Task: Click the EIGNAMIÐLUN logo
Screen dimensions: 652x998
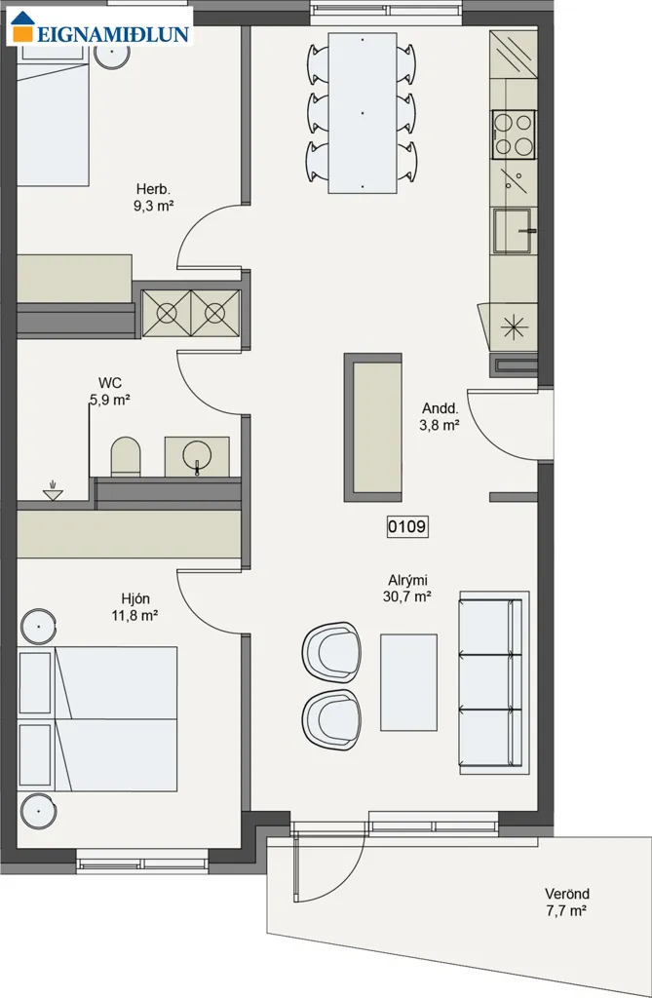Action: click(x=100, y=26)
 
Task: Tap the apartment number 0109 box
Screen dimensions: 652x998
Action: click(x=407, y=526)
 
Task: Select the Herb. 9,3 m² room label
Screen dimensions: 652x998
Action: click(x=153, y=197)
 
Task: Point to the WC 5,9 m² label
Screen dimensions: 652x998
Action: click(x=110, y=392)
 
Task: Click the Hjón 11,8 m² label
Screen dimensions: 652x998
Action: click(x=135, y=607)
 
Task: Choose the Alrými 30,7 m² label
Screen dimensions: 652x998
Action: click(x=407, y=589)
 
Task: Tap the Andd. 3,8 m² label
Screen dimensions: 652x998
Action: click(x=440, y=417)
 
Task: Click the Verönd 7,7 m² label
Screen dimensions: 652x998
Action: click(x=566, y=902)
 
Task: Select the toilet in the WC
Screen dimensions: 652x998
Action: click(x=126, y=456)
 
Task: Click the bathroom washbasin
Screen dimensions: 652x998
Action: click(x=197, y=456)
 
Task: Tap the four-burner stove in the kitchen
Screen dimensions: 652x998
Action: click(x=514, y=134)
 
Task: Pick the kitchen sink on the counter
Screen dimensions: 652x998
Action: click(x=514, y=230)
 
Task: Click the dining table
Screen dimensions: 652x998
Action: click(x=363, y=112)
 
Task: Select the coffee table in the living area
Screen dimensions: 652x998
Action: click(x=408, y=682)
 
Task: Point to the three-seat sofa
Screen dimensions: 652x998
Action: click(x=494, y=682)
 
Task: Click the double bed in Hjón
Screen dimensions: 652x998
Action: click(x=97, y=719)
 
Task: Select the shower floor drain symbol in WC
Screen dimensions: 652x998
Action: click(x=53, y=490)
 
